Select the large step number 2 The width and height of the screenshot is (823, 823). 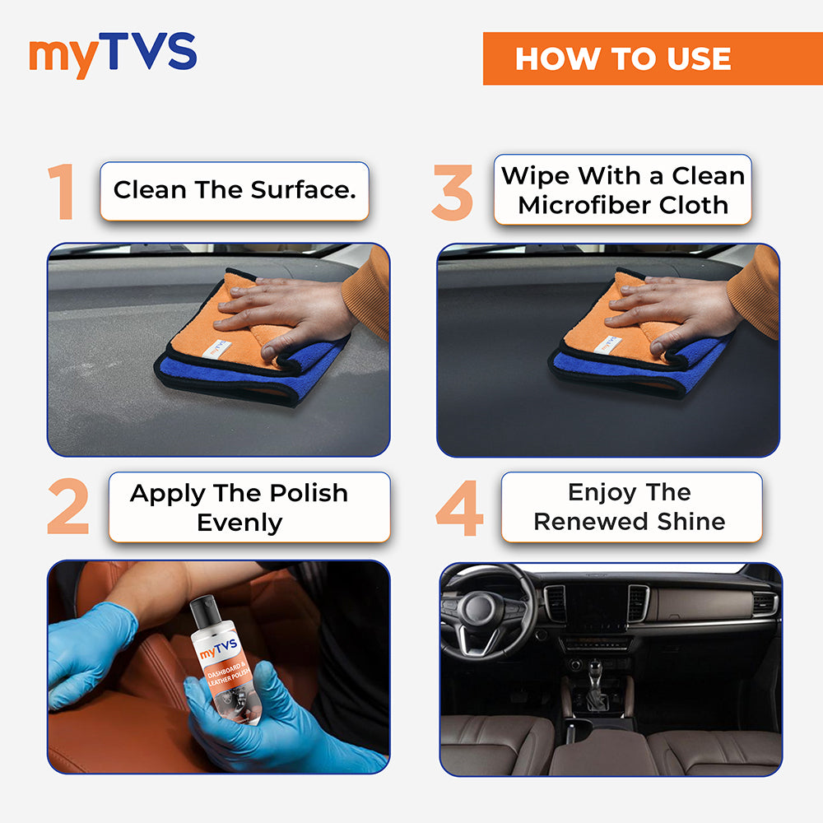[67, 507]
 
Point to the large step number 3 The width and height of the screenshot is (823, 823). [453, 193]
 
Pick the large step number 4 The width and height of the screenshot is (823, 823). [459, 507]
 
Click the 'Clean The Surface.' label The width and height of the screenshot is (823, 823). [235, 191]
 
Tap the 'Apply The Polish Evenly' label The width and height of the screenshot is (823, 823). [239, 507]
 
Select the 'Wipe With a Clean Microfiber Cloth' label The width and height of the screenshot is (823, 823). [623, 190]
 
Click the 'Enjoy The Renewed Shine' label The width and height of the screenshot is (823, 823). [630, 507]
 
